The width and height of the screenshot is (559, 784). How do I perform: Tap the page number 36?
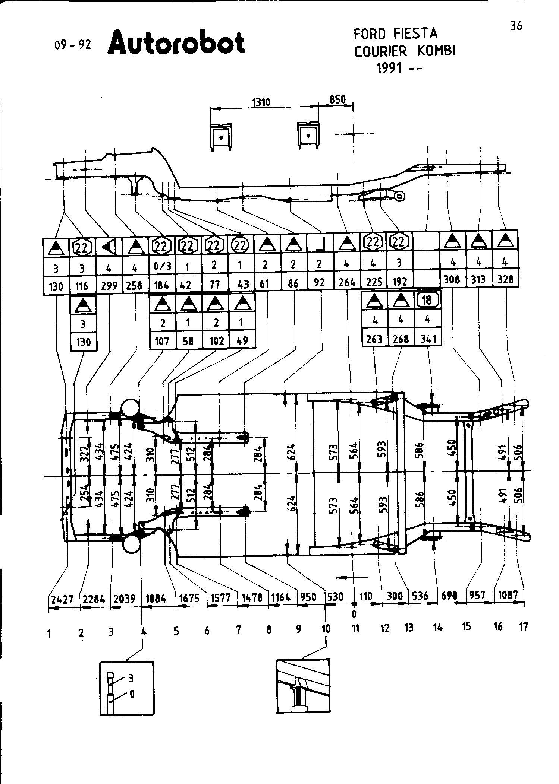(516, 26)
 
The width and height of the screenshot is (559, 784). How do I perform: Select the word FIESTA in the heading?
(416, 34)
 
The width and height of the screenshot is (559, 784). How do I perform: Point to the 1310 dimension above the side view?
(261, 102)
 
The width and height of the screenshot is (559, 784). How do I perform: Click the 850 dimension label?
(337, 100)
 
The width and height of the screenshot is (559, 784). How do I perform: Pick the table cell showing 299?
(109, 285)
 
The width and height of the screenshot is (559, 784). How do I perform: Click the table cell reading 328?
(506, 279)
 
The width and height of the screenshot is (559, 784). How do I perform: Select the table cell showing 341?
(428, 339)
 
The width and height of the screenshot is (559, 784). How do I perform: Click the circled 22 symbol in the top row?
(241, 244)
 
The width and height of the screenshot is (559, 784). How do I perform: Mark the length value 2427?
(62, 600)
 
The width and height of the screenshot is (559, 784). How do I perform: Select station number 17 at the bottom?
(524, 627)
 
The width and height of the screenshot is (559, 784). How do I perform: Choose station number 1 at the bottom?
(49, 633)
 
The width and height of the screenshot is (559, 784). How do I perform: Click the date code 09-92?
(72, 45)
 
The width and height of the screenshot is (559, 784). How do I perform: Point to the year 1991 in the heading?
(389, 69)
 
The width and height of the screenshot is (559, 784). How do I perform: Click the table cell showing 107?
(162, 341)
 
